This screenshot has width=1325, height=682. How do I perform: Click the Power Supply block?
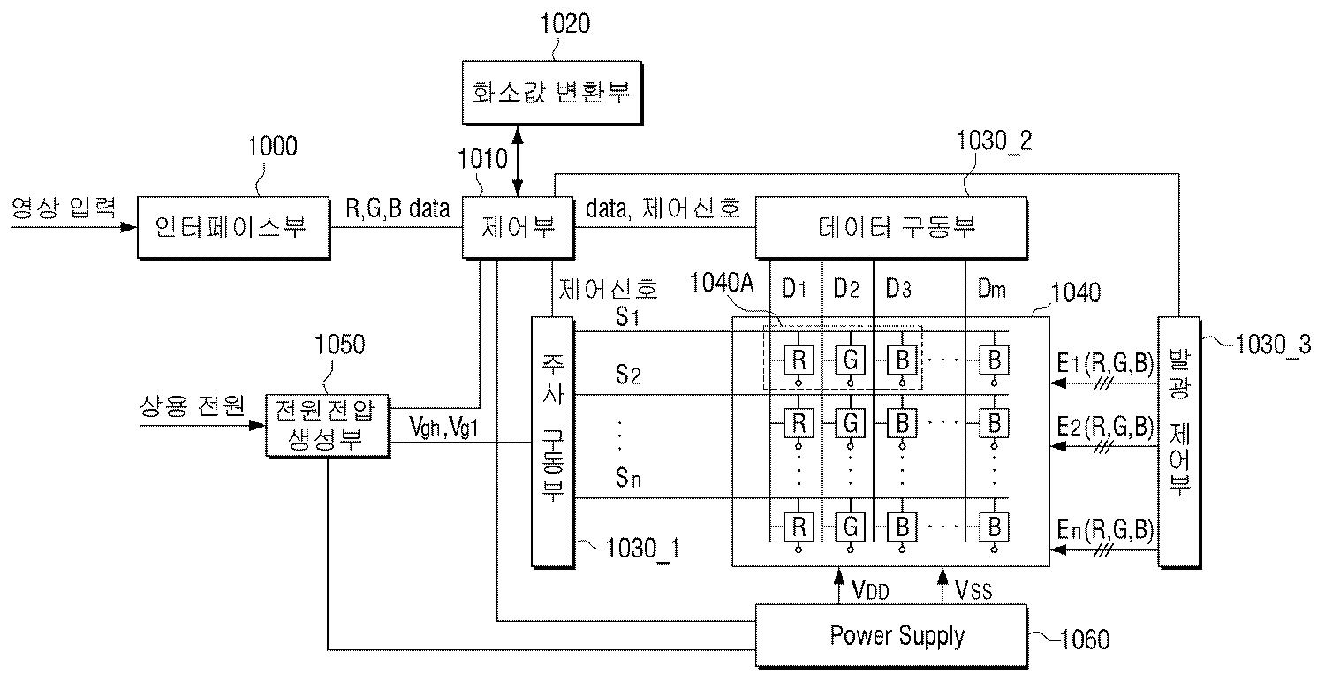click(891, 636)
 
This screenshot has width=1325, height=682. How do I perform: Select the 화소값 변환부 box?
click(552, 93)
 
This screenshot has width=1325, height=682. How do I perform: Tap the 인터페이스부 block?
click(234, 228)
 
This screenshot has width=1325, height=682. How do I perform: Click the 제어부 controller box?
click(518, 228)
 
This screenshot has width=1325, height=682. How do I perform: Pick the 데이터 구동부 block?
click(891, 228)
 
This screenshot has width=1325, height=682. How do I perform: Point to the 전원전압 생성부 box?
click(328, 426)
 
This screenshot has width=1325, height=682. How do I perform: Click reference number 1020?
click(565, 24)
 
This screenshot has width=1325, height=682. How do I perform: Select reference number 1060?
click(1085, 640)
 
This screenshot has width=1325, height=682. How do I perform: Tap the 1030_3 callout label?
click(1273, 345)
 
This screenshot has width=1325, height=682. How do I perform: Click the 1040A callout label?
click(722, 284)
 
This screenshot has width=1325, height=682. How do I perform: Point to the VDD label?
click(870, 590)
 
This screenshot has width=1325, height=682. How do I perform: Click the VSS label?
click(973, 590)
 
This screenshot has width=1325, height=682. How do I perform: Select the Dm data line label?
click(991, 289)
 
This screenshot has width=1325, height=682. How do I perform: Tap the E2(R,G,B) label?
click(1105, 427)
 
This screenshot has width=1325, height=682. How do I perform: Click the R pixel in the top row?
click(799, 359)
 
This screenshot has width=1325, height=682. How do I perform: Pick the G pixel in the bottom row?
click(851, 527)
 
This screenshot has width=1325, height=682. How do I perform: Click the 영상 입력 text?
click(64, 208)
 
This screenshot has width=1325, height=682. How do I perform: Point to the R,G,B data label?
click(397, 208)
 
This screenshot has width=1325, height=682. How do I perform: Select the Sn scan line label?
click(628, 477)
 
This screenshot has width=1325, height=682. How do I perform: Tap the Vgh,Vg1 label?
click(443, 427)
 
